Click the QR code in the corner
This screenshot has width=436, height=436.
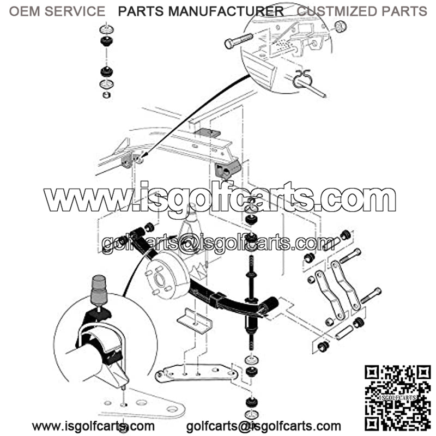(x=398, y=398)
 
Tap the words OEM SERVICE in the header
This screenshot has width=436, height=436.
(x=57, y=11)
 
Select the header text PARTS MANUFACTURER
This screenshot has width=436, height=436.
(x=201, y=11)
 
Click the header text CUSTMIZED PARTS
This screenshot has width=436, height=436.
(x=362, y=11)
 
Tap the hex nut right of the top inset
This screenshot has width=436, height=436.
(x=340, y=26)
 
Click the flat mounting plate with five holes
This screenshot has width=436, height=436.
(x=196, y=373)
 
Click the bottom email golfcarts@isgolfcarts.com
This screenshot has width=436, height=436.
(x=264, y=426)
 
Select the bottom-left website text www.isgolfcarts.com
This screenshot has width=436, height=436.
(x=93, y=426)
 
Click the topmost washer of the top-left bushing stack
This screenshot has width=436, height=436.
(x=106, y=29)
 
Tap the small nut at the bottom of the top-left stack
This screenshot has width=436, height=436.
(x=106, y=95)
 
